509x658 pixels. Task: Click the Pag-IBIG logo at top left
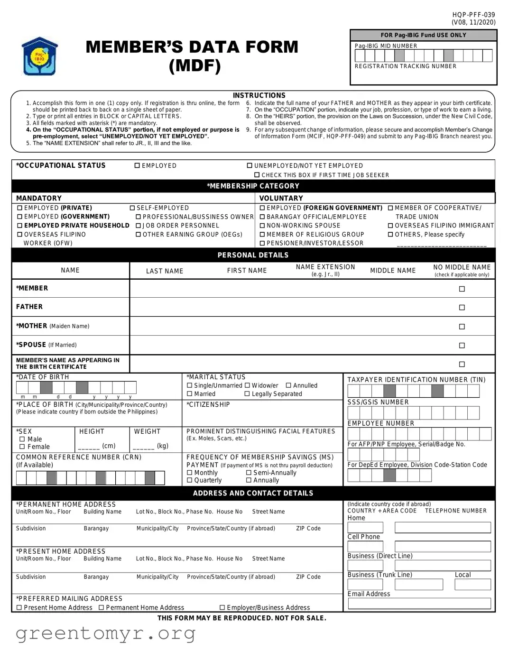tap(39, 56)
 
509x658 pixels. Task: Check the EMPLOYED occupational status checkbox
tap(137, 166)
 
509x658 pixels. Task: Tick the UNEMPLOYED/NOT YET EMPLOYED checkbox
tap(250, 166)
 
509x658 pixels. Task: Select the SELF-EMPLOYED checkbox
tap(132, 208)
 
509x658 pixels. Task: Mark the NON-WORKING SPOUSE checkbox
tap(262, 226)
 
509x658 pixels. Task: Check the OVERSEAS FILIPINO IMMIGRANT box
tap(390, 226)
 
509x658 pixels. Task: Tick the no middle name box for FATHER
tap(462, 308)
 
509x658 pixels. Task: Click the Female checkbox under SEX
tap(22, 447)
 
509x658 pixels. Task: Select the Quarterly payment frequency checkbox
tap(190, 481)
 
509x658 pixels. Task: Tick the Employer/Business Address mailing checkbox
tap(222, 608)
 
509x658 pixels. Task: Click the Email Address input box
tap(419, 603)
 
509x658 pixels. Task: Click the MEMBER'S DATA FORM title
tap(192, 55)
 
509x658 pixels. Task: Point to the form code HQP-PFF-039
tap(473, 15)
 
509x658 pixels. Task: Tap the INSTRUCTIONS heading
tap(259, 95)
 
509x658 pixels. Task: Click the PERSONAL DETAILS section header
tap(253, 255)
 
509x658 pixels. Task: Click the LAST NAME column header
tap(165, 271)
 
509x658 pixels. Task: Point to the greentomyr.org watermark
tap(105, 633)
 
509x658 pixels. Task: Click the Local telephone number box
tap(472, 585)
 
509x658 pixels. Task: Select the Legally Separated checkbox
tap(247, 394)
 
